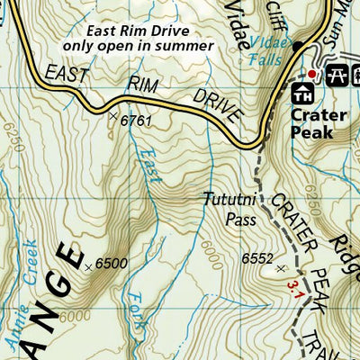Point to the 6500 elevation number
pos(112,263)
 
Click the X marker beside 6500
pos(87,266)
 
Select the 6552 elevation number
pos(256,258)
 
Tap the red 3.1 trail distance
pos(292,287)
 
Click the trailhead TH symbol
pos(302,91)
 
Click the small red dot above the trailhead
pos(312,73)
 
